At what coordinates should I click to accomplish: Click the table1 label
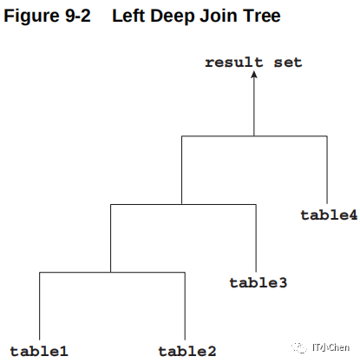coord(39,351)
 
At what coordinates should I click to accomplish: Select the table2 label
coord(187,351)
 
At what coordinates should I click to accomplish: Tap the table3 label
coord(259,283)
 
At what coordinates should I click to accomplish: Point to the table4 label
coord(329,215)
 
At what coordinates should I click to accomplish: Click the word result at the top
coord(234,63)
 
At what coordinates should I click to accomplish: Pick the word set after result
coord(288,63)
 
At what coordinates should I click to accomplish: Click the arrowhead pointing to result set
coord(254,75)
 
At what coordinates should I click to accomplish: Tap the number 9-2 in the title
coord(78,16)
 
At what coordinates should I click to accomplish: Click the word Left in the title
coord(128,16)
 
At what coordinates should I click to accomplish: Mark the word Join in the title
coord(219,16)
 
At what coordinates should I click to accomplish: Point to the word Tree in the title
coord(262,16)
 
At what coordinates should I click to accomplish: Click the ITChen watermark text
coord(331,347)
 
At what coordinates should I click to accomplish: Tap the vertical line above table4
coord(327,169)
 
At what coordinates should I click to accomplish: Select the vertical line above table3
coord(256,238)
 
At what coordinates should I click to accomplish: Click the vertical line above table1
coord(39,306)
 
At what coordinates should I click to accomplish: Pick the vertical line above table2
coord(185,306)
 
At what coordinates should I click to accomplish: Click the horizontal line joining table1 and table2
coord(112,272)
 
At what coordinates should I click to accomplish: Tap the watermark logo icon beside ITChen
coord(299,347)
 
